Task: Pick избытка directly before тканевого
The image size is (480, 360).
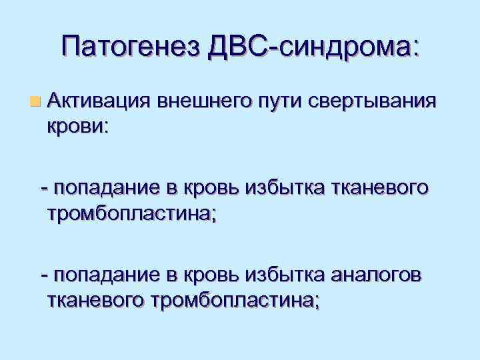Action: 293,189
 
